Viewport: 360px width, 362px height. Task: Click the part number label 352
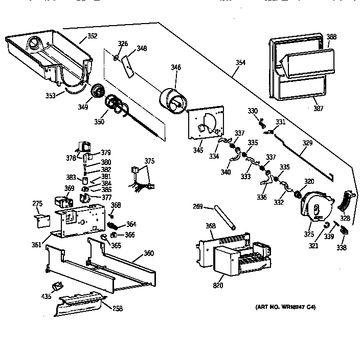point(92,36)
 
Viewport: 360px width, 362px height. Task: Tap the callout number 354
point(240,63)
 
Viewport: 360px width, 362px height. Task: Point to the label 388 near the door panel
point(331,37)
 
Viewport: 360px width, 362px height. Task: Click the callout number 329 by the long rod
point(306,144)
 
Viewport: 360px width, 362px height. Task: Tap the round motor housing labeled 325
point(314,207)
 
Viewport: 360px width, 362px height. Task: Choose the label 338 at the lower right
point(341,248)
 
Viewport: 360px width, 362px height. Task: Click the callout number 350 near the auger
point(99,121)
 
